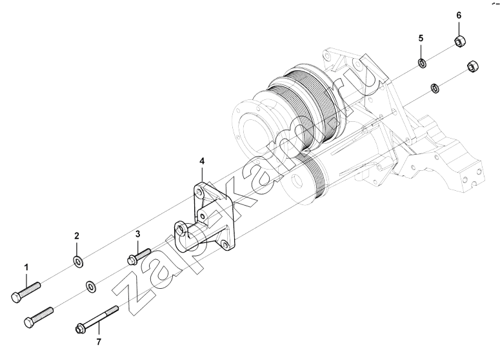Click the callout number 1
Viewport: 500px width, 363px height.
tap(26, 267)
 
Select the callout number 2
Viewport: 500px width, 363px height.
tap(77, 236)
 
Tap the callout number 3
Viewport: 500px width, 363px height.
tap(137, 234)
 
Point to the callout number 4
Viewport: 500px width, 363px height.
tap(202, 161)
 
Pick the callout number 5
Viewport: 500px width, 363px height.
tap(421, 38)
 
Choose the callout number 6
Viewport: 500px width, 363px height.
tap(459, 15)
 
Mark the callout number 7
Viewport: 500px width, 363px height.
tap(99, 342)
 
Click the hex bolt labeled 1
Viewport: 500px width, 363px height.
tap(26, 292)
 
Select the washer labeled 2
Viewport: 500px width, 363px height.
tap(78, 262)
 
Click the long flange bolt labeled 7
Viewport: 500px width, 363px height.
tap(97, 319)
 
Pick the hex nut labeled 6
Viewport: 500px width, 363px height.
tap(459, 42)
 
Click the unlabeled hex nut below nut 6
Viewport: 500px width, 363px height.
tap(473, 67)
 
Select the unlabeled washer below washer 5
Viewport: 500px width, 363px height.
tap(435, 88)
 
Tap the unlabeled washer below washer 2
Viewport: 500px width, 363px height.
tap(91, 286)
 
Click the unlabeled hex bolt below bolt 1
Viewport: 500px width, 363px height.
tap(39, 317)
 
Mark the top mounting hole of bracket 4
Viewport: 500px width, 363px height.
tap(200, 193)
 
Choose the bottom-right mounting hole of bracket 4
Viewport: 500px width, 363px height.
tap(225, 245)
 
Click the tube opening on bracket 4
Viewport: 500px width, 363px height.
tap(182, 229)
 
